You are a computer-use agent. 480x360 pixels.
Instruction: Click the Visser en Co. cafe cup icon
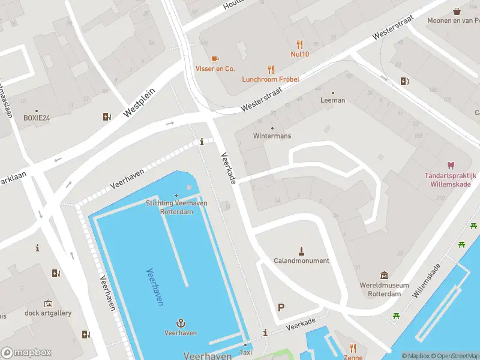pyautogui.click(x=215, y=58)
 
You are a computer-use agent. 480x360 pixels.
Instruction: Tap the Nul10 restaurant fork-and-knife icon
pyautogui.click(x=299, y=44)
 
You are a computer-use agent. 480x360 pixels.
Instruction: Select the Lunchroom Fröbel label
pyautogui.click(x=271, y=79)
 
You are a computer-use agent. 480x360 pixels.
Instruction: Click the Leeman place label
pyautogui.click(x=333, y=100)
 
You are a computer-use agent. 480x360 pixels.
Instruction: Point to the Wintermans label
pyautogui.click(x=272, y=136)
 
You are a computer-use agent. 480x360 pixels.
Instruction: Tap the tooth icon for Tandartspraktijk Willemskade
pyautogui.click(x=451, y=165)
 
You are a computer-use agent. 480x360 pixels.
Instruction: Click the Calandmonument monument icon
pyautogui.click(x=301, y=250)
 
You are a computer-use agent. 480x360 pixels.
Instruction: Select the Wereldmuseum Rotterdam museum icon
pyautogui.click(x=385, y=275)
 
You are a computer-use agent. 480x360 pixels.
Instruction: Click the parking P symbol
pyautogui.click(x=281, y=307)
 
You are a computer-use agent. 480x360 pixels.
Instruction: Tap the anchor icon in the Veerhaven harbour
pyautogui.click(x=181, y=322)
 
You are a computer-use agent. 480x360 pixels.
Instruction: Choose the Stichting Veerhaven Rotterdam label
pyautogui.click(x=176, y=206)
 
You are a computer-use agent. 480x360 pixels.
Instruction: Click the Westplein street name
pyautogui.click(x=139, y=102)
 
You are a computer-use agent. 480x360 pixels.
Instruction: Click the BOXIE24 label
pyautogui.click(x=36, y=118)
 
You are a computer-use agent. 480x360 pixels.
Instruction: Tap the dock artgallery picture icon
pyautogui.click(x=48, y=304)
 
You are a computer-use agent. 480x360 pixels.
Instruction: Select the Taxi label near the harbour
pyautogui.click(x=245, y=352)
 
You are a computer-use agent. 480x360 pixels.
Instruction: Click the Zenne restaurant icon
pyautogui.click(x=353, y=348)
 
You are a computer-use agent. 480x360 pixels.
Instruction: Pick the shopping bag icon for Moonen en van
pyautogui.click(x=457, y=11)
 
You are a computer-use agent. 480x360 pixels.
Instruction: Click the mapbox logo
pyautogui.click(x=26, y=353)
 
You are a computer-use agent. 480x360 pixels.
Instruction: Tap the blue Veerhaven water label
pyautogui.click(x=155, y=287)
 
